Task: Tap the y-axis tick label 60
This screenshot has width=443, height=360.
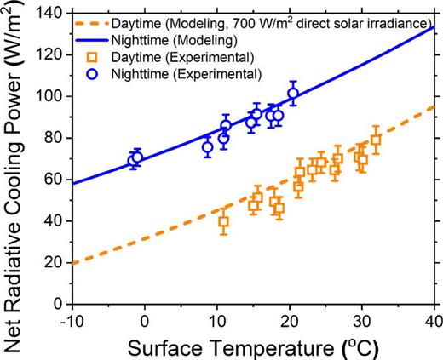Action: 59,179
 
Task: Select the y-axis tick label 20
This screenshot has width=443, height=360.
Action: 59,262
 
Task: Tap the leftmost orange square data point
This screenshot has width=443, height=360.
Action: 224,222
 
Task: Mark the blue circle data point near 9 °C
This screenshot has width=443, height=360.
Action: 208,147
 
